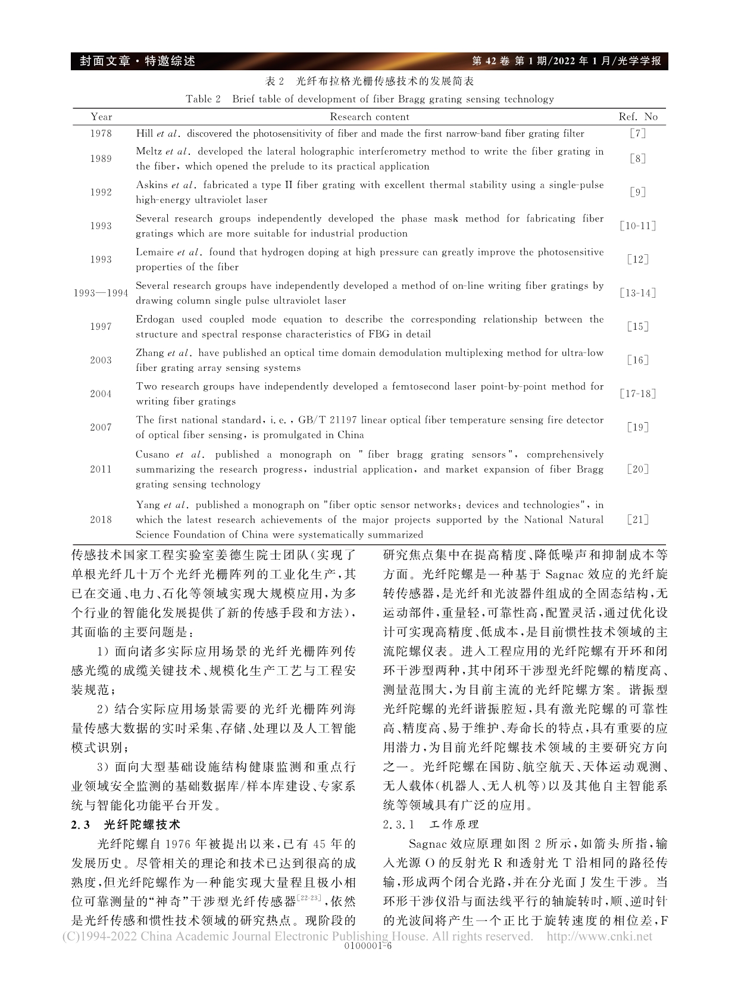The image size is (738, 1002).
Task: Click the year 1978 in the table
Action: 101,134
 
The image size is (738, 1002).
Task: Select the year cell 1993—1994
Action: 101,293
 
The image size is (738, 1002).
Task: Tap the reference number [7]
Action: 637,134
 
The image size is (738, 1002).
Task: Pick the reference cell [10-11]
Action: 637,226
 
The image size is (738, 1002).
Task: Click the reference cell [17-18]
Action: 637,394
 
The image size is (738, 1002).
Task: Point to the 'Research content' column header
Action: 370,117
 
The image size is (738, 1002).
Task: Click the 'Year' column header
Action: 101,117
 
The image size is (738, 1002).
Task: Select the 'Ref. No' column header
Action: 638,117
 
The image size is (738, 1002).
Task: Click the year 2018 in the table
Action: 101,519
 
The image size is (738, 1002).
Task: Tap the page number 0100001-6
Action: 368,945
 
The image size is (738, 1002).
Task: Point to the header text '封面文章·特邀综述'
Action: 133,61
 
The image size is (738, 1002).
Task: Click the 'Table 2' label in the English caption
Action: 203,99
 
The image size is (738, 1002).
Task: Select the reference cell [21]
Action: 637,519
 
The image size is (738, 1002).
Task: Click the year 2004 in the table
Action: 101,394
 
